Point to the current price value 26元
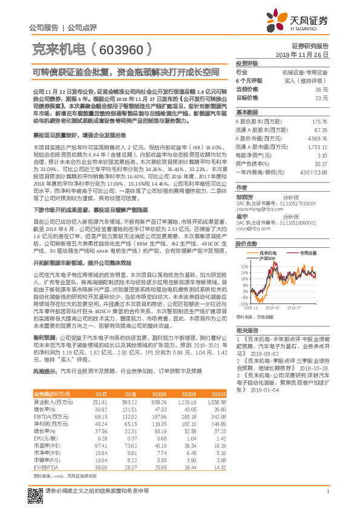pos(322,89)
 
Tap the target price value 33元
pos(322,97)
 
